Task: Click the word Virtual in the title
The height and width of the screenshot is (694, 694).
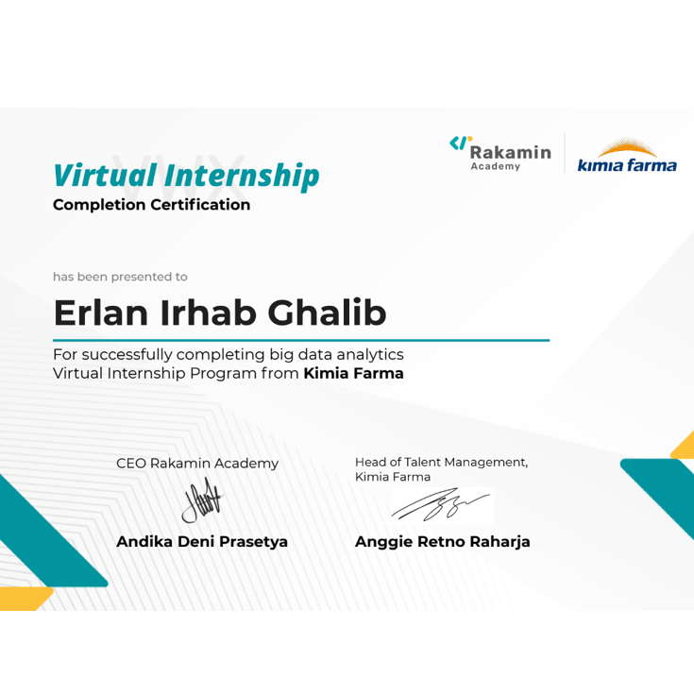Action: (104, 176)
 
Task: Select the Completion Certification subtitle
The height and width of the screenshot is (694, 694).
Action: (152, 205)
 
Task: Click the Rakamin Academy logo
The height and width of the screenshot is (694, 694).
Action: (499, 153)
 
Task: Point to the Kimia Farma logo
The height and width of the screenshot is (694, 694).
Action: (627, 157)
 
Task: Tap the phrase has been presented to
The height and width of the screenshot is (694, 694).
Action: (120, 277)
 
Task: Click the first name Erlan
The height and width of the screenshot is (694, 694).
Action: (99, 313)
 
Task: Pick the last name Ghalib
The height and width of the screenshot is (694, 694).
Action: (328, 313)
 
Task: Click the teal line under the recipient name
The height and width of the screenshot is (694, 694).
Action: (301, 340)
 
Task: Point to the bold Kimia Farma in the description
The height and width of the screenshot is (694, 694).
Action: (353, 374)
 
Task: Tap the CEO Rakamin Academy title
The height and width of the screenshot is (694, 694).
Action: (197, 464)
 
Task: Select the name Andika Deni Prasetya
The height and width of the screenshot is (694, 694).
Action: (202, 542)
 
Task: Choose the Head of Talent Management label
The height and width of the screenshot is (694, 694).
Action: (441, 463)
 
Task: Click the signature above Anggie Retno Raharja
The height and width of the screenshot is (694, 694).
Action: (440, 506)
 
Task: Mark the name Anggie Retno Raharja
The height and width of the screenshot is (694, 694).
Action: (442, 542)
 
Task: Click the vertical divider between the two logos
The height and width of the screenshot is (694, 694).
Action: (565, 153)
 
